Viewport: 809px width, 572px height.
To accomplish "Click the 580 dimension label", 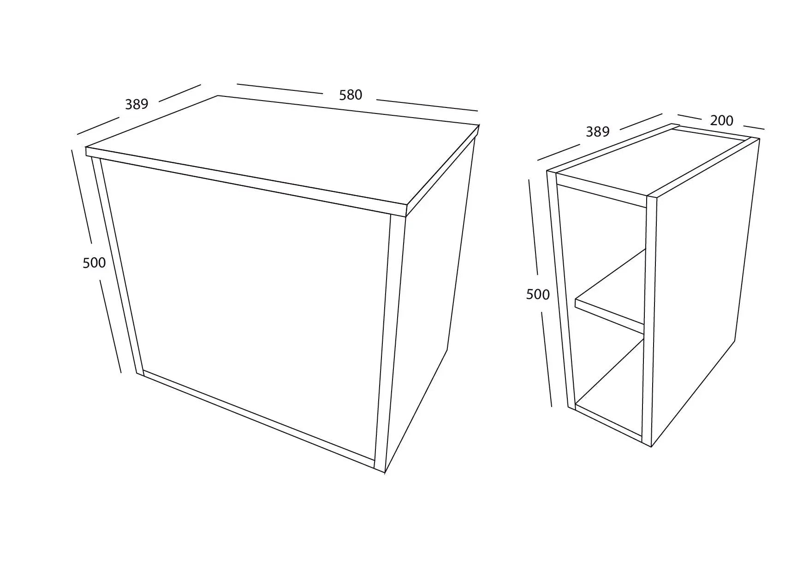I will [351, 95].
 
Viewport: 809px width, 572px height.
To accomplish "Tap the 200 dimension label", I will [721, 120].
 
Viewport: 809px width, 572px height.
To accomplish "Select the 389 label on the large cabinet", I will [137, 104].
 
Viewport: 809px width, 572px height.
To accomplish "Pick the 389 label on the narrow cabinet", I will [597, 132].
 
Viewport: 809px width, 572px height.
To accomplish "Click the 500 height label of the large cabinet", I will [94, 262].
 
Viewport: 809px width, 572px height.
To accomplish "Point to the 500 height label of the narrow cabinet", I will [538, 294].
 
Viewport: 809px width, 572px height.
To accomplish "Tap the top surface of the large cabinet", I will [286, 148].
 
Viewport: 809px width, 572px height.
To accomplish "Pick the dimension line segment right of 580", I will [427, 105].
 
